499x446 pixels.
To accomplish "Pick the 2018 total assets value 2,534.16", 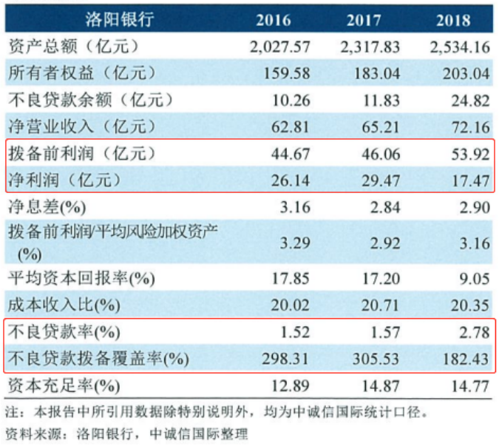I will [x=458, y=47].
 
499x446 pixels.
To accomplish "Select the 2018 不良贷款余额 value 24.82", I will [x=466, y=100].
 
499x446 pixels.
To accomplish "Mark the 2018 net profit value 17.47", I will [x=466, y=180].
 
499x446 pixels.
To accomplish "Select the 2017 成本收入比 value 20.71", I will [x=377, y=305].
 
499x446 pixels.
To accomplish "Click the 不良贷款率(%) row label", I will [x=63, y=332].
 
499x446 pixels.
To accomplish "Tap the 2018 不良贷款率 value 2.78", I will [x=469, y=332].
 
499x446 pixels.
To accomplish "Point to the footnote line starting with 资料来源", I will [x=126, y=433].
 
